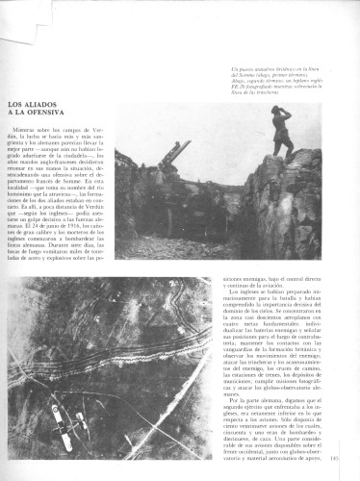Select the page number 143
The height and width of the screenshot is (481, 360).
pyautogui.click(x=347, y=468)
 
